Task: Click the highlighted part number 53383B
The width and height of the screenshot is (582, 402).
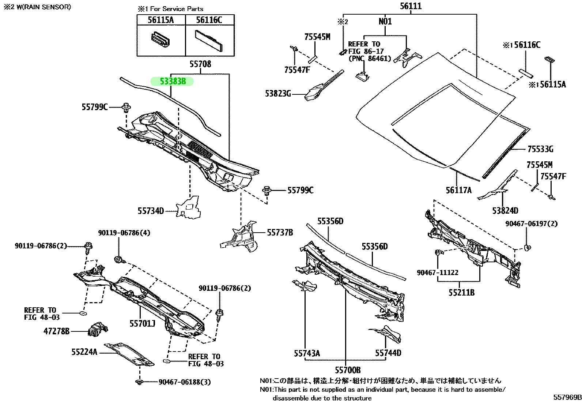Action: [x=173, y=81]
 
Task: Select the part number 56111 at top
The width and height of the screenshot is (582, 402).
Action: [x=410, y=6]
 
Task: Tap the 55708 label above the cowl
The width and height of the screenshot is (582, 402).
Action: [x=200, y=64]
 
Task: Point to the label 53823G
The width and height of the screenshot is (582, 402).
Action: [x=278, y=94]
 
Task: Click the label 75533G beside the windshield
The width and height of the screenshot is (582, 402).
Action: [x=540, y=149]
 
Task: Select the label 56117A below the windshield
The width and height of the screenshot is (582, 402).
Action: [x=458, y=190]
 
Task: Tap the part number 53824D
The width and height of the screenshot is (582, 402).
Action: [x=505, y=211]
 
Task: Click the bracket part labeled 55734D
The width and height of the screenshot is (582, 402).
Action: [x=189, y=208]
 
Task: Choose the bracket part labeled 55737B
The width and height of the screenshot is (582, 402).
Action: [x=241, y=236]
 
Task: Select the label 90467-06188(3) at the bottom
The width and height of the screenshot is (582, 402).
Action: [x=185, y=382]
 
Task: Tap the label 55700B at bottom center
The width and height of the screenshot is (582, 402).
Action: [x=348, y=370]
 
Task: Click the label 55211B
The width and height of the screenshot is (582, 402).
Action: [x=461, y=293]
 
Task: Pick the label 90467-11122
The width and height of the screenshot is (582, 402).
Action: [x=437, y=273]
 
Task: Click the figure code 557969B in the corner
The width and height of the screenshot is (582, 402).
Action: [x=567, y=397]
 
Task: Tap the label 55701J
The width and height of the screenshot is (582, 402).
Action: [x=142, y=323]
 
